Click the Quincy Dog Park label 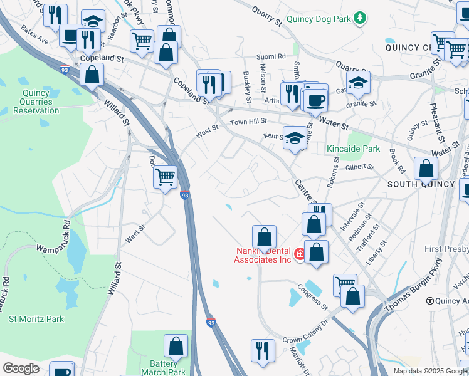(x=318, y=18)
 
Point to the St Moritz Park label (x=36, y=319)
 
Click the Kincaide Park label (x=353, y=149)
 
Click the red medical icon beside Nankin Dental (x=300, y=254)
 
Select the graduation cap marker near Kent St (x=294, y=138)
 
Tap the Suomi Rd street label (x=273, y=56)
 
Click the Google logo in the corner (x=20, y=368)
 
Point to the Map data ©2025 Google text (x=429, y=370)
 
